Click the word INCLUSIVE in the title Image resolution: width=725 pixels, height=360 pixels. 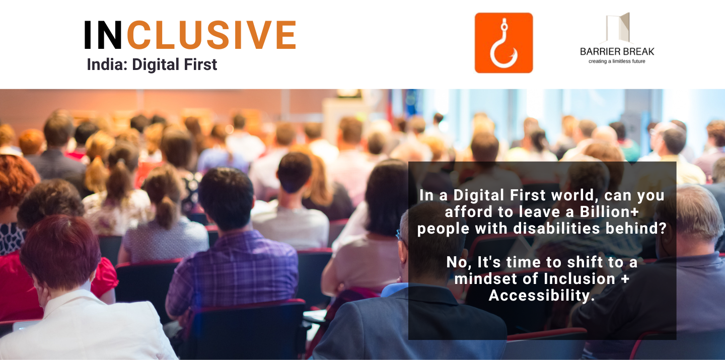click(190, 35)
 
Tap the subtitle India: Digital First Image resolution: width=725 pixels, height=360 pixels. click(152, 64)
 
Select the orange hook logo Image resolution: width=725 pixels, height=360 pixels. click(503, 43)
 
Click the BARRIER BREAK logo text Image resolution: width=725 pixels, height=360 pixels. click(617, 51)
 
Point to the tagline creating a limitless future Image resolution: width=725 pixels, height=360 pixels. click(617, 61)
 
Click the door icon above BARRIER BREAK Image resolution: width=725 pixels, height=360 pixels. click(619, 28)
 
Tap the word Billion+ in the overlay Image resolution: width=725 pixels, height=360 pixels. click(611, 212)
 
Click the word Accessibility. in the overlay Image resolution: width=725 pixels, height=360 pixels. click(542, 296)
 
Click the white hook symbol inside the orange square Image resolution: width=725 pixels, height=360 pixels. click(503, 45)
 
